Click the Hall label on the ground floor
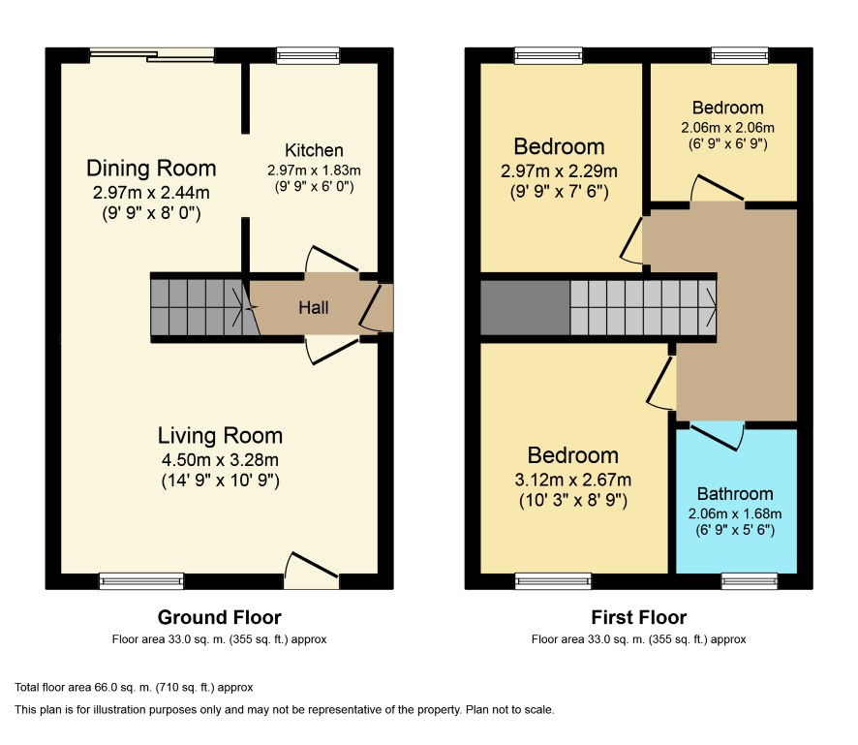314,308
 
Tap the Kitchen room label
314,150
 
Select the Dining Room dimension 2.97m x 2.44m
151,192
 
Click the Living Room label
220,436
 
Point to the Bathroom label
735,494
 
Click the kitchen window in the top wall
308,55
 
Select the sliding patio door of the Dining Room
152,55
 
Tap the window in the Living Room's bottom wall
141,581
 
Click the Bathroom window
750,581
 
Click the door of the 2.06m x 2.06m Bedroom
717,188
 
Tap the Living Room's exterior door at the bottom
311,571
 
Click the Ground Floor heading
220,617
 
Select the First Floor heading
638,617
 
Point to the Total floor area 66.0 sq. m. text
134,688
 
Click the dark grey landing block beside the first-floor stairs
525,308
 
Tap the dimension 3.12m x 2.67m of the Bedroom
573,480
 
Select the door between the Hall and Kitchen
331,260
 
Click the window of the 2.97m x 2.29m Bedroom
549,55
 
